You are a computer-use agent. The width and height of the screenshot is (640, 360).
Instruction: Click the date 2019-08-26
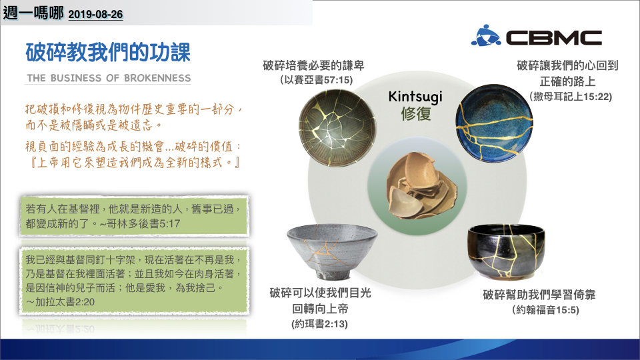click(95, 15)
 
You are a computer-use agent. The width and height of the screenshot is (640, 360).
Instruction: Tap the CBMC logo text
click(554, 38)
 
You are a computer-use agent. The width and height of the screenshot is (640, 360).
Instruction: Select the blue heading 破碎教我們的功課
click(108, 53)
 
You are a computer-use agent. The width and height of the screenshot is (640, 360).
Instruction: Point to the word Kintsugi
click(415, 97)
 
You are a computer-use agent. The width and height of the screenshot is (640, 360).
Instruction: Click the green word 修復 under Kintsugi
click(415, 114)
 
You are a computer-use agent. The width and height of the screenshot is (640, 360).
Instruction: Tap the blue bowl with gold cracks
click(494, 123)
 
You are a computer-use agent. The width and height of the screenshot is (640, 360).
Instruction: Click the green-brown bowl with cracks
click(337, 128)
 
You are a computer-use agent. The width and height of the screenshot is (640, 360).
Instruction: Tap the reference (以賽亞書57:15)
click(316, 80)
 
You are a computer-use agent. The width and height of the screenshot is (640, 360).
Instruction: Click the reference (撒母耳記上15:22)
click(571, 97)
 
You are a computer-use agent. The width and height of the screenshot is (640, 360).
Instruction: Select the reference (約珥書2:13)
click(319, 324)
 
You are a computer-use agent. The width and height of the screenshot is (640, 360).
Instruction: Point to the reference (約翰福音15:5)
click(545, 310)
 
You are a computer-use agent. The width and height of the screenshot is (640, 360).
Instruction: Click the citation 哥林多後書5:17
click(143, 224)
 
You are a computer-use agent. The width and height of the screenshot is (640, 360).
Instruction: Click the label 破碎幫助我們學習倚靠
click(539, 295)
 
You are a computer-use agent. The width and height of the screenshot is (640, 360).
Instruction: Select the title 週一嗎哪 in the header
click(33, 13)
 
